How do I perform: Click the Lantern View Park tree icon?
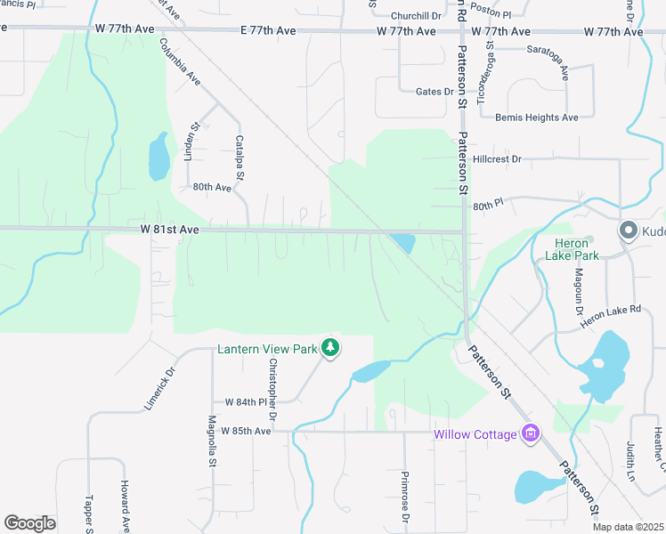[330, 348]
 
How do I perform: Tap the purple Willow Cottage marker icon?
[531, 433]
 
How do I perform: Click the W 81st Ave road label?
[169, 230]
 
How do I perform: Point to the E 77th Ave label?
[268, 31]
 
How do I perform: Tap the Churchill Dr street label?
[416, 16]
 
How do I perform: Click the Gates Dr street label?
[435, 91]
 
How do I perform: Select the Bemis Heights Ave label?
[537, 117]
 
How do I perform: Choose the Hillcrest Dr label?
[498, 159]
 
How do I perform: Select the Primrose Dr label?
[404, 496]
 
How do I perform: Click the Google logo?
[29, 522]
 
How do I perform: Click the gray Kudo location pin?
[628, 231]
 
